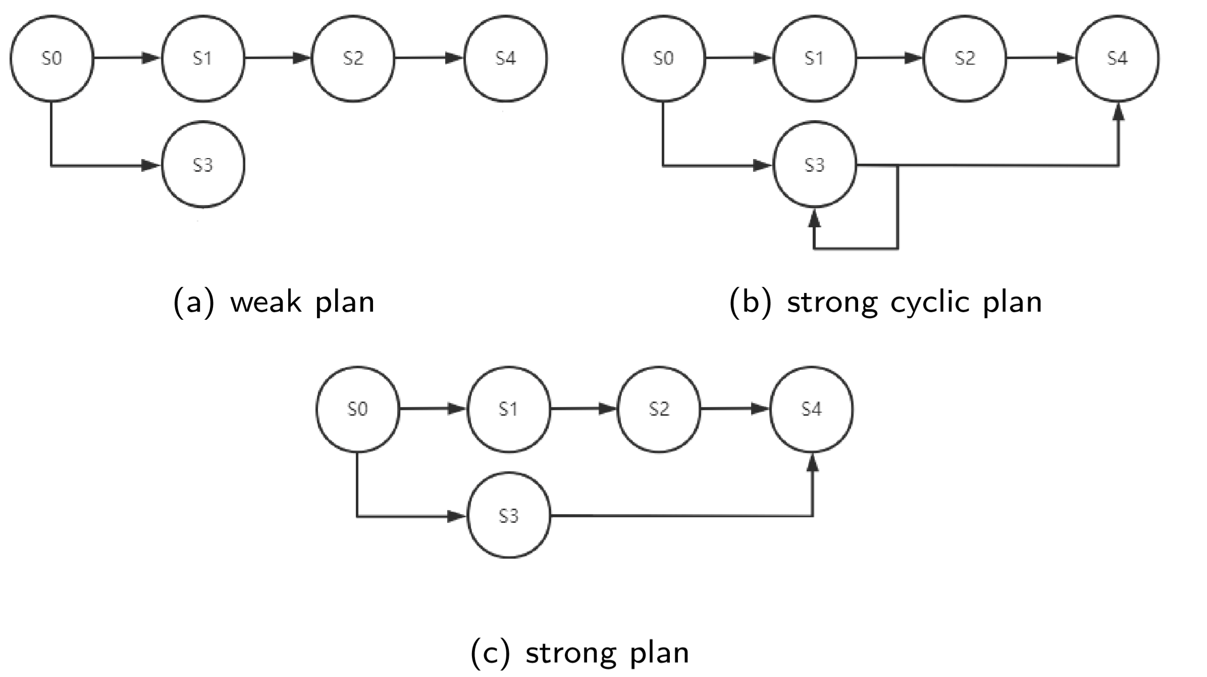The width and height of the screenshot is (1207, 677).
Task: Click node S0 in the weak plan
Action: click(x=51, y=59)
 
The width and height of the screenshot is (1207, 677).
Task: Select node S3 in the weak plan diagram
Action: click(x=203, y=165)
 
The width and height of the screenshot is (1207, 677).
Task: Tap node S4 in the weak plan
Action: click(x=505, y=59)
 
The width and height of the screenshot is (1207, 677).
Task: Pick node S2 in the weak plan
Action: click(x=353, y=59)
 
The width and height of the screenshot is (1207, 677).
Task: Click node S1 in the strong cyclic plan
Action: click(x=814, y=59)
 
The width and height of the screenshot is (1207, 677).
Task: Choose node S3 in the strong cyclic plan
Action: click(x=814, y=165)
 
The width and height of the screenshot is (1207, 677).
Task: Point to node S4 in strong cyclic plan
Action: click(x=1117, y=59)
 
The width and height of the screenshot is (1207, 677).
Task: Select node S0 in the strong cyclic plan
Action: click(x=663, y=59)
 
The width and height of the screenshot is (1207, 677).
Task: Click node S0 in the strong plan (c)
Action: click(x=357, y=409)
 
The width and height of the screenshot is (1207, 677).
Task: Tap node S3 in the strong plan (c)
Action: click(x=509, y=515)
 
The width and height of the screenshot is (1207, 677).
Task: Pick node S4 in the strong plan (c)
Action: click(x=811, y=409)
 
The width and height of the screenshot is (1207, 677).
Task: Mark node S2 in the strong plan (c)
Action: click(x=659, y=409)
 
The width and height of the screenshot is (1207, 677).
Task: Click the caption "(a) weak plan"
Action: click(x=274, y=302)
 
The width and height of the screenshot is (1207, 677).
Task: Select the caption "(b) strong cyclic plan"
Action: click(x=885, y=302)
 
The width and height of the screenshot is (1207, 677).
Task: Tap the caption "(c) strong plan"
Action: click(x=580, y=652)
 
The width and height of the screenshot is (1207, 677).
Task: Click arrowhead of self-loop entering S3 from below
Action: click(x=814, y=218)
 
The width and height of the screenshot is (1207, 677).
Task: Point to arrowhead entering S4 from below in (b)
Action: click(x=1119, y=112)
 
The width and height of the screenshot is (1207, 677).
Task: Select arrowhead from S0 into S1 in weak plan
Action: click(x=151, y=58)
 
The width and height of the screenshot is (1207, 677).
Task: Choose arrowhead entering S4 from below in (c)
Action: click(x=812, y=462)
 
